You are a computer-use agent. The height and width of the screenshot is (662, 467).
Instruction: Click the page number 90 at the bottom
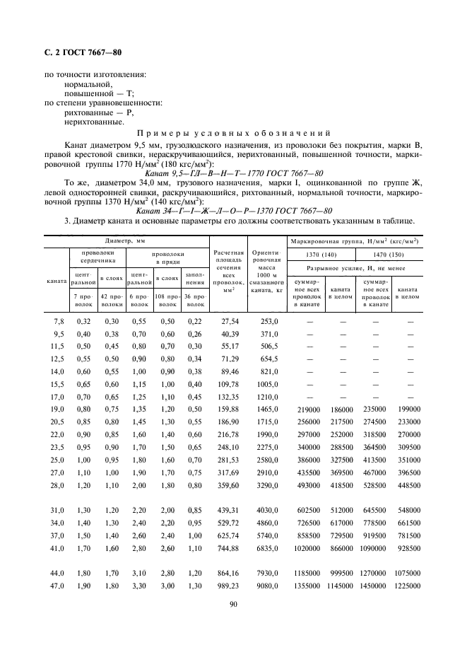(x=233, y=603)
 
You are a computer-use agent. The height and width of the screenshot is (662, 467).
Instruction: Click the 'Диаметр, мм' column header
(x=124, y=241)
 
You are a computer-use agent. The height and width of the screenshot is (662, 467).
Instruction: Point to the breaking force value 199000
(x=409, y=409)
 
